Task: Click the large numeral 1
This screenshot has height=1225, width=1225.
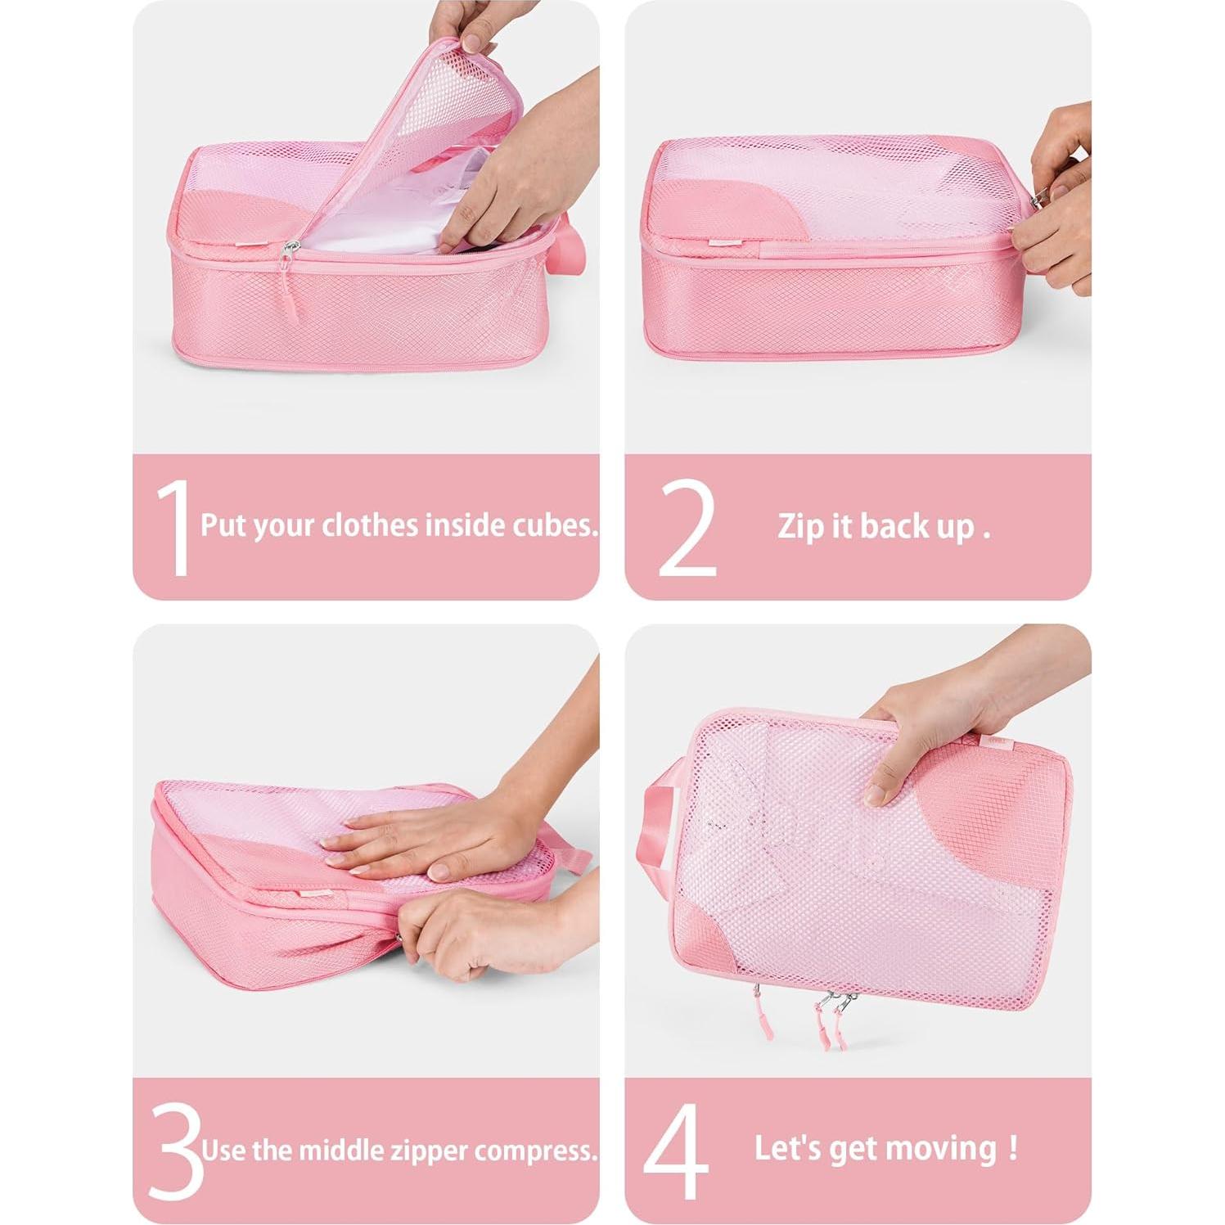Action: [x=175, y=528]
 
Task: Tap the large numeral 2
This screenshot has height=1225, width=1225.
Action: [x=687, y=528]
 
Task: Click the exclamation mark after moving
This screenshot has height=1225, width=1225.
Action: [x=1014, y=1147]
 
